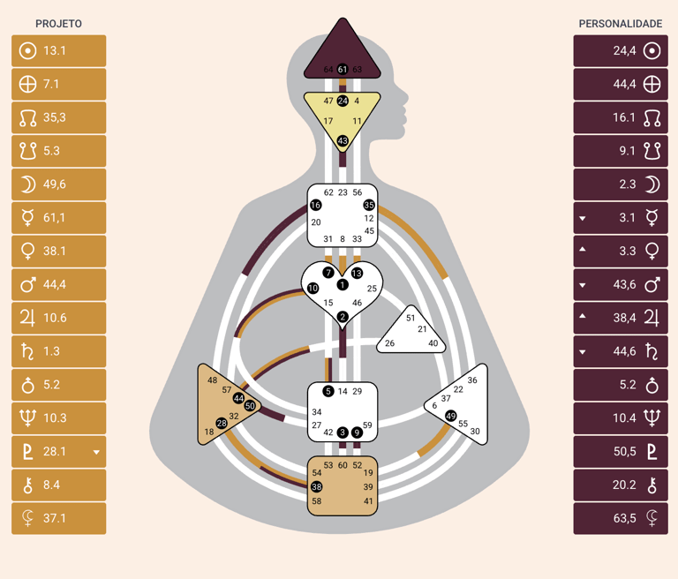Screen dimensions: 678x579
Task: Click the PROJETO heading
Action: (58, 24)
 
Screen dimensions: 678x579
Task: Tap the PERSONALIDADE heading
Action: (620, 24)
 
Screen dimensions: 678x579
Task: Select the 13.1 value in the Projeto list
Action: (55, 51)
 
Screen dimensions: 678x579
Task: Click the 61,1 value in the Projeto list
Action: (55, 218)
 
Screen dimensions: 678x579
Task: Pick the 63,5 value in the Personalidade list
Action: (624, 518)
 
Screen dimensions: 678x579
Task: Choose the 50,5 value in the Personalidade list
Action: (624, 451)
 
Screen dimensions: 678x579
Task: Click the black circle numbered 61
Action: (343, 70)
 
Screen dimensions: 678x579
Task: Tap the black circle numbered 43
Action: (343, 141)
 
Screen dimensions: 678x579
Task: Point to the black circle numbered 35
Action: (369, 206)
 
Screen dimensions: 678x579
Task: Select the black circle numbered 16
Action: (316, 206)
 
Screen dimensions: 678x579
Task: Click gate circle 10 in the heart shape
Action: (313, 289)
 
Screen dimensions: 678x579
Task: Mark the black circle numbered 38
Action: (316, 487)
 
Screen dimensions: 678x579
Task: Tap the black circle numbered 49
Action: (451, 416)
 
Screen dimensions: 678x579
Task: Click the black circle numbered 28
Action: (222, 424)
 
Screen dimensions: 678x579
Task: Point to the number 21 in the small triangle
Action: (422, 329)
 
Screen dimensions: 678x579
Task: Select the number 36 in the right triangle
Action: (472, 380)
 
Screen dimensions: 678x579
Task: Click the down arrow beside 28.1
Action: (96, 452)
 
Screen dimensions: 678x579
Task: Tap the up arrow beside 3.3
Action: (583, 251)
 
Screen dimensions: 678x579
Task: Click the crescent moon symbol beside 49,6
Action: (28, 184)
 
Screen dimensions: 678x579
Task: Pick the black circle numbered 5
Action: (328, 391)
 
